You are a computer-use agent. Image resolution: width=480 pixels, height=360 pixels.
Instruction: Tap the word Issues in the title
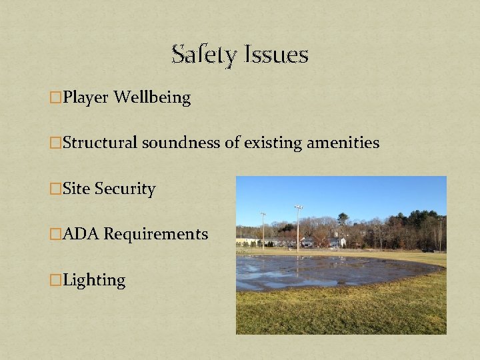click(x=276, y=54)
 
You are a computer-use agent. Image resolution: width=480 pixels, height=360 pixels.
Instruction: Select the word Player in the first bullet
click(x=86, y=98)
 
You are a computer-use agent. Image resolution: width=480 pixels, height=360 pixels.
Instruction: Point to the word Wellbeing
click(x=152, y=98)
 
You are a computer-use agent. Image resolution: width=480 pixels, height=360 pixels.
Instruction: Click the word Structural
click(x=100, y=143)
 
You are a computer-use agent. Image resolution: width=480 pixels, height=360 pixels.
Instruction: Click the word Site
click(x=76, y=189)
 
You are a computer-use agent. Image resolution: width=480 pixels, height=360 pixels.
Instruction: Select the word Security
click(x=125, y=189)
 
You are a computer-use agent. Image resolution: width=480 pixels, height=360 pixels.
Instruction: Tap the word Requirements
click(x=156, y=235)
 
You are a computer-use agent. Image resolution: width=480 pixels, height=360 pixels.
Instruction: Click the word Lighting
click(x=94, y=280)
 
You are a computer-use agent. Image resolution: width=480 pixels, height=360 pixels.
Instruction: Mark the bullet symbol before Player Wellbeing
click(x=56, y=99)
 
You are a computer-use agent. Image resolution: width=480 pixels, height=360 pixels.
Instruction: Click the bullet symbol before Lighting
click(x=56, y=281)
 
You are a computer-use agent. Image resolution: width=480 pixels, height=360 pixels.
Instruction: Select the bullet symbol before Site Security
click(x=56, y=189)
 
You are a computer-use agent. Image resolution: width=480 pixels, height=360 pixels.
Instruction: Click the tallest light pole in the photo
click(x=298, y=227)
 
